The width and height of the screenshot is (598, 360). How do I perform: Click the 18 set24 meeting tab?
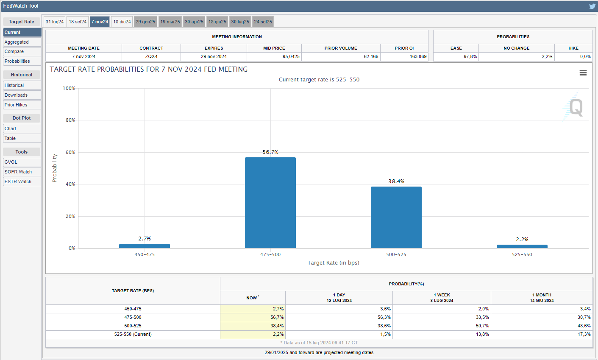(x=78, y=22)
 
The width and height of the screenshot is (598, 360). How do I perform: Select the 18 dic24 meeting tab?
(x=122, y=22)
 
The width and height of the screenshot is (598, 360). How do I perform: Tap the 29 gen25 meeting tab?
(x=145, y=22)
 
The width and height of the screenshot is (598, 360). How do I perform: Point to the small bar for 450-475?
(x=145, y=246)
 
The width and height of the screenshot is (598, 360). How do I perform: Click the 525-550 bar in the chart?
(x=522, y=246)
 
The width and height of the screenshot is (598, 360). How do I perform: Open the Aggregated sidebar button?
(x=22, y=42)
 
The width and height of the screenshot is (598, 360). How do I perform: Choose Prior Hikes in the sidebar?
(x=22, y=105)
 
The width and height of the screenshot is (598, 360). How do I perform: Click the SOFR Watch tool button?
(x=22, y=172)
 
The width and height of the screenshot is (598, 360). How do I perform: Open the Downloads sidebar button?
(x=22, y=95)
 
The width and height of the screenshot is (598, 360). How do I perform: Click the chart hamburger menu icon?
(x=583, y=73)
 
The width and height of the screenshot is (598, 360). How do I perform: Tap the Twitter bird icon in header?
(x=592, y=6)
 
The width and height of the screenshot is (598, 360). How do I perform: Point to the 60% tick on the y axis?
(x=70, y=152)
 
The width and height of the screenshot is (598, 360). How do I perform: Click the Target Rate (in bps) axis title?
(x=333, y=263)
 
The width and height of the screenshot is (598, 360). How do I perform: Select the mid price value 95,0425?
(x=291, y=56)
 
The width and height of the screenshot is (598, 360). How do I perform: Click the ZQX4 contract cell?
(x=151, y=56)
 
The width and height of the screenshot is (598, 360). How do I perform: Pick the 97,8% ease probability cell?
(x=470, y=56)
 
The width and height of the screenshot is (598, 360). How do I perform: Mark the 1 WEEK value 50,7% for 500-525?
(x=482, y=326)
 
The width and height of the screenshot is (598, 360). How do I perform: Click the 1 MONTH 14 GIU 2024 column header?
(x=542, y=298)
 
